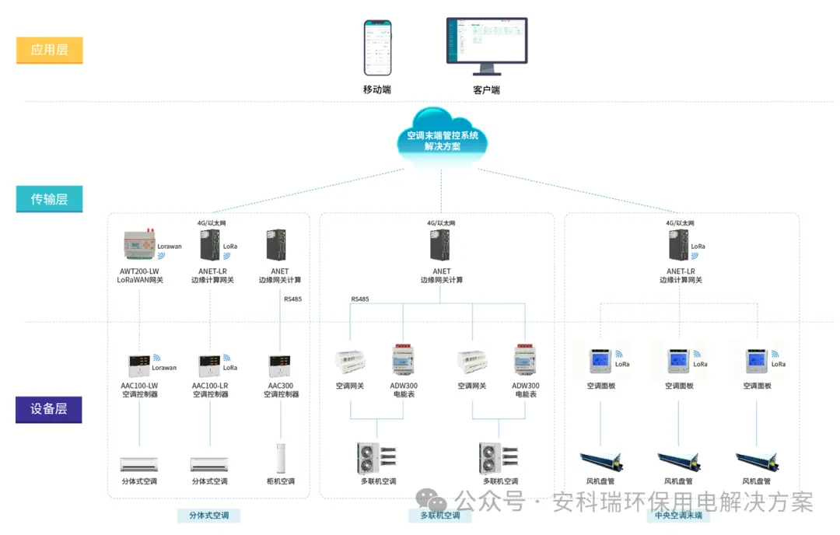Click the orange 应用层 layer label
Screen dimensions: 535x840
coord(49,51)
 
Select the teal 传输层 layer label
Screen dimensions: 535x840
coord(49,199)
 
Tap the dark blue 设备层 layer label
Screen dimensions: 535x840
coord(49,409)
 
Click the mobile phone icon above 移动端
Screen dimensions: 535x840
coord(377,48)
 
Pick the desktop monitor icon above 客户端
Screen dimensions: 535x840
coord(487,47)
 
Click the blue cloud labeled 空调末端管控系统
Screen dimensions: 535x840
coord(443,140)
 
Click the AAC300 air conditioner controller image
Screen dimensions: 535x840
coord(280,365)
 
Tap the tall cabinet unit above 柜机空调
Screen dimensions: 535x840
coord(281,458)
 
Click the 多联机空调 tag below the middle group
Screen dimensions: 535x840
coord(439,515)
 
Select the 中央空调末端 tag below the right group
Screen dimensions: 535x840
coord(677,515)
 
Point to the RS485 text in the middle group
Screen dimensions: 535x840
coord(360,299)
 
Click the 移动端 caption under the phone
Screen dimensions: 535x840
coord(377,89)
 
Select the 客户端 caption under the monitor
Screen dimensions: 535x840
coord(487,90)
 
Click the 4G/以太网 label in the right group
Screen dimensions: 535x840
coord(680,223)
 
